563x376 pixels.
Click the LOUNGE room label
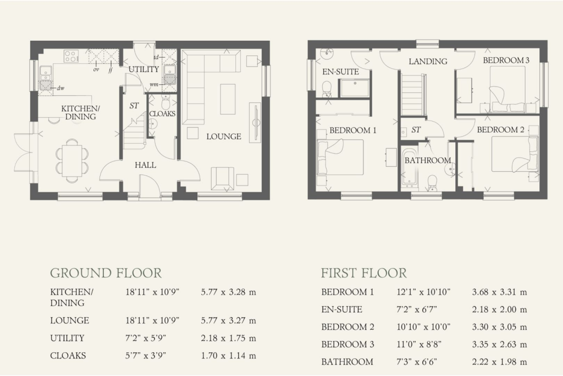(x=224, y=137)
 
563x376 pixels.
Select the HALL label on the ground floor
(x=145, y=165)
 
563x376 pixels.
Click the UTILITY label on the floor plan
(x=143, y=69)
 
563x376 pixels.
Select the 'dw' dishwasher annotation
(x=60, y=88)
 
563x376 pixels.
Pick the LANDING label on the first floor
(x=428, y=62)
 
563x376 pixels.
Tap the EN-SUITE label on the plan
(x=340, y=72)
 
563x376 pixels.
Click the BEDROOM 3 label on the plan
(x=506, y=60)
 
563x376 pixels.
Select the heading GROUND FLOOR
(x=106, y=273)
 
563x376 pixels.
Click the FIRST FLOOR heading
(x=364, y=273)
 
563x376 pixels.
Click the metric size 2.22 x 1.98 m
(x=500, y=362)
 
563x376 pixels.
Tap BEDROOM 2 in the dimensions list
(x=347, y=327)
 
